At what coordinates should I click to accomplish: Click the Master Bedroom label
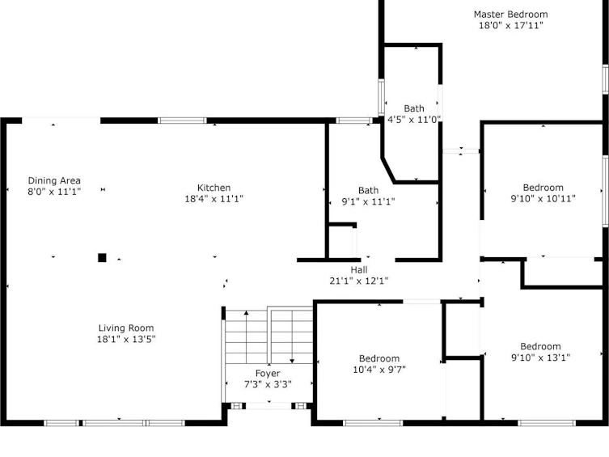[511, 15]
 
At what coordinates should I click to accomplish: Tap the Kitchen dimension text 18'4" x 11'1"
[214, 199]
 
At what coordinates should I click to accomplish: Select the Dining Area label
[54, 180]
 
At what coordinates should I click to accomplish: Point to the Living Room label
[126, 328]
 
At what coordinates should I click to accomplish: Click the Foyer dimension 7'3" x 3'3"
[268, 384]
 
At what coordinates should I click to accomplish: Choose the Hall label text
[359, 270]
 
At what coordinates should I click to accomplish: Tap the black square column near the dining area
[102, 258]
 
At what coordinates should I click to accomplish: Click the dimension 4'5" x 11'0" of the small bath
[414, 120]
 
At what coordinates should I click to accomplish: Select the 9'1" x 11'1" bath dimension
[368, 201]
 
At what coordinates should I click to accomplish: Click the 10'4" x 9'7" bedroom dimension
[379, 370]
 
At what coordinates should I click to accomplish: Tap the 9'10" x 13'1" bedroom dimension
[540, 358]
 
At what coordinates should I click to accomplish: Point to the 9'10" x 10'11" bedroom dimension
[543, 198]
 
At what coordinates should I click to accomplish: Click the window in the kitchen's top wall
[182, 121]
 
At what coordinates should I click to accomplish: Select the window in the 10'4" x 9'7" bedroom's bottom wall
[373, 423]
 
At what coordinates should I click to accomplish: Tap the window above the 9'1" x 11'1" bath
[353, 121]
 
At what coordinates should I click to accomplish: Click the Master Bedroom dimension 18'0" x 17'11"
[511, 26]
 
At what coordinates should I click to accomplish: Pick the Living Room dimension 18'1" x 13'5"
[126, 340]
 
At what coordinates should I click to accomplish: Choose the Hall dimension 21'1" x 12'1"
[359, 281]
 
